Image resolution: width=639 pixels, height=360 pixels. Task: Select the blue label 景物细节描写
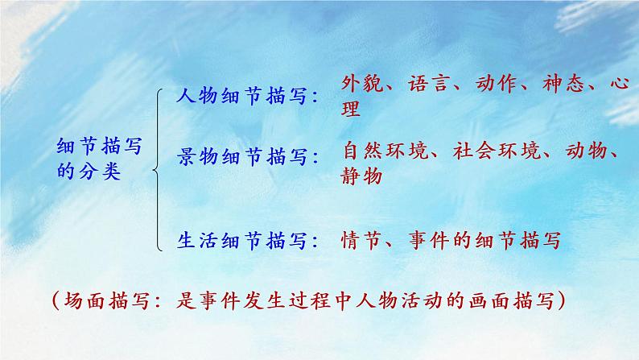[x=240, y=156]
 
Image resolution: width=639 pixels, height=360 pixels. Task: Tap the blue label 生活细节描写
[x=240, y=239]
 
